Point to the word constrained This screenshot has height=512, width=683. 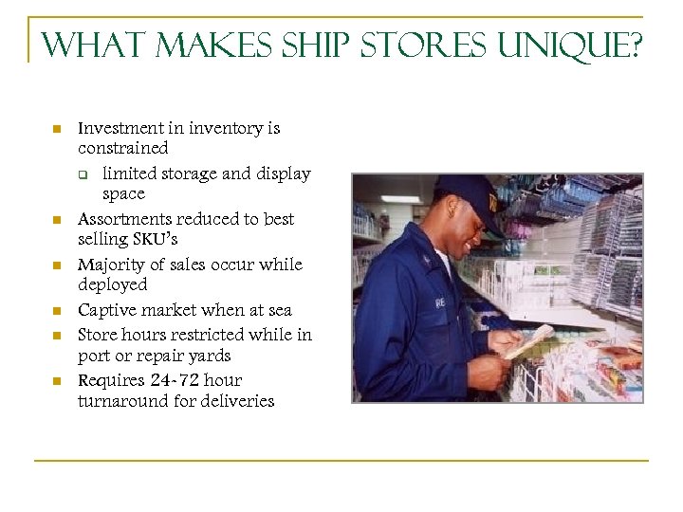(x=123, y=148)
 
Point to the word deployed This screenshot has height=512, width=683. (x=113, y=285)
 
